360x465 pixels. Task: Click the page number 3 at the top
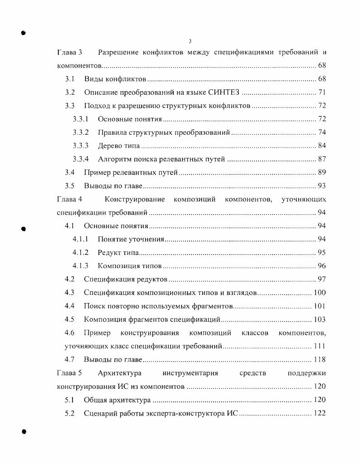click(x=190, y=41)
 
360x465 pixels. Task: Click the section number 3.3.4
click(x=80, y=159)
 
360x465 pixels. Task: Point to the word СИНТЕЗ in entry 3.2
click(x=224, y=93)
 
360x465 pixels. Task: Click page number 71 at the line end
click(x=322, y=93)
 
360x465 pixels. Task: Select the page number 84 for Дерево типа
click(x=322, y=146)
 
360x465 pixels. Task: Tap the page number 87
click(x=322, y=159)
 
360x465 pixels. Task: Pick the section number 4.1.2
click(x=80, y=253)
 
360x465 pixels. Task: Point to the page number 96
click(x=322, y=266)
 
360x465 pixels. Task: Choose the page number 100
click(x=320, y=293)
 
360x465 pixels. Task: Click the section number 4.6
click(x=69, y=333)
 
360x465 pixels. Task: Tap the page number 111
click(x=320, y=346)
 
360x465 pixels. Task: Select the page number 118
click(x=320, y=360)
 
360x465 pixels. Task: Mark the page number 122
click(x=320, y=413)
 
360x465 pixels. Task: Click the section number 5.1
click(x=69, y=400)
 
